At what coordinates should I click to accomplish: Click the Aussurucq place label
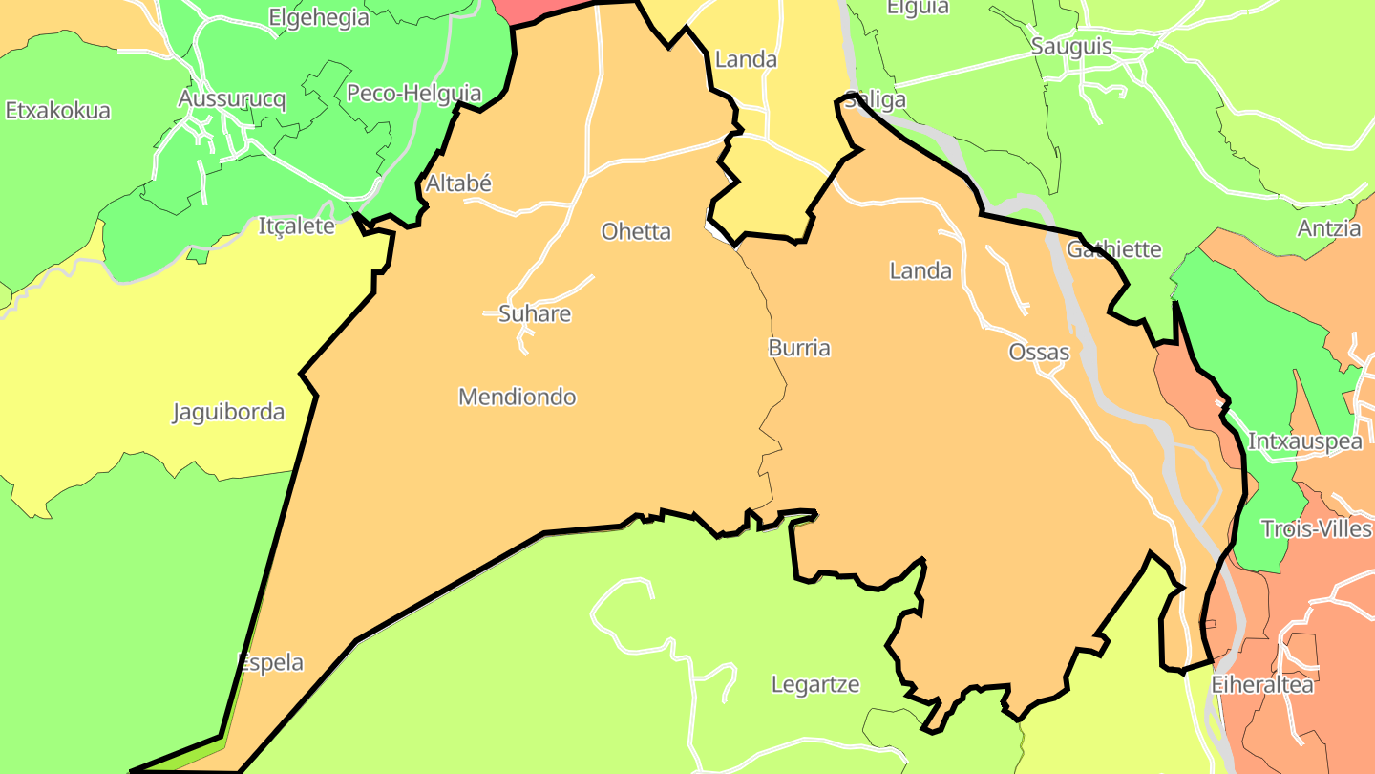tap(232, 98)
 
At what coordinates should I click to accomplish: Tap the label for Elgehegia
tap(319, 17)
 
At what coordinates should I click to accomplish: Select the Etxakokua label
tap(58, 110)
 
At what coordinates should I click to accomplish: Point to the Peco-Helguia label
tap(414, 94)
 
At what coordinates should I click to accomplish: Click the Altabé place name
tap(458, 183)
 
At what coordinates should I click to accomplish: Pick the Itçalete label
tap(297, 226)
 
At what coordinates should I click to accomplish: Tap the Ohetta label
tap(636, 231)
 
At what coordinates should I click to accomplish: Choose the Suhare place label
tap(535, 313)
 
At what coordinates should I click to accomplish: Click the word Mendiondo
tap(518, 397)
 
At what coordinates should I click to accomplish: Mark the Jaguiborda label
tap(228, 413)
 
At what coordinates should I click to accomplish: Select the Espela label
tap(271, 662)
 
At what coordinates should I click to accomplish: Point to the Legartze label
tap(815, 684)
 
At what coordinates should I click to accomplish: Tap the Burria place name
tap(799, 348)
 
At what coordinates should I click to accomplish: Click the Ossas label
tap(1039, 353)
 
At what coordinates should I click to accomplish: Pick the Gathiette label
tap(1114, 249)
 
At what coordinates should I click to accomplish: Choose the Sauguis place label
tap(1071, 47)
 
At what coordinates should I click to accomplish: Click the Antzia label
tap(1329, 228)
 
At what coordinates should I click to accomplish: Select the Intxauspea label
tap(1305, 441)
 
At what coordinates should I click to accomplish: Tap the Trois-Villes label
tap(1316, 529)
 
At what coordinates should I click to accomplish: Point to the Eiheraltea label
tap(1262, 685)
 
